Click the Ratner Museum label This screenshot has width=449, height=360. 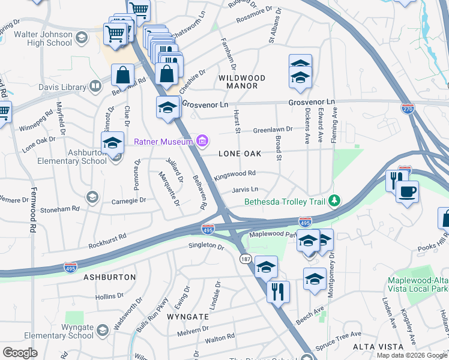pyautogui.click(x=163, y=142)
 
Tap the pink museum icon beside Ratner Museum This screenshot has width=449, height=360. pyautogui.click(x=203, y=142)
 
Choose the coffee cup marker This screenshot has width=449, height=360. pyautogui.click(x=408, y=192)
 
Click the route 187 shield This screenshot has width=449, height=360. pyautogui.click(x=244, y=257)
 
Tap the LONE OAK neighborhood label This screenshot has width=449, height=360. pyautogui.click(x=240, y=154)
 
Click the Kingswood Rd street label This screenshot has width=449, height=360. pyautogui.click(x=235, y=175)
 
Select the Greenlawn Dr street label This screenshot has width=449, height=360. pyautogui.click(x=272, y=129)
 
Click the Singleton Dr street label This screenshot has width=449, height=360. pyautogui.click(x=206, y=245)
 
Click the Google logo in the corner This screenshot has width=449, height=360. pyautogui.click(x=20, y=353)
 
